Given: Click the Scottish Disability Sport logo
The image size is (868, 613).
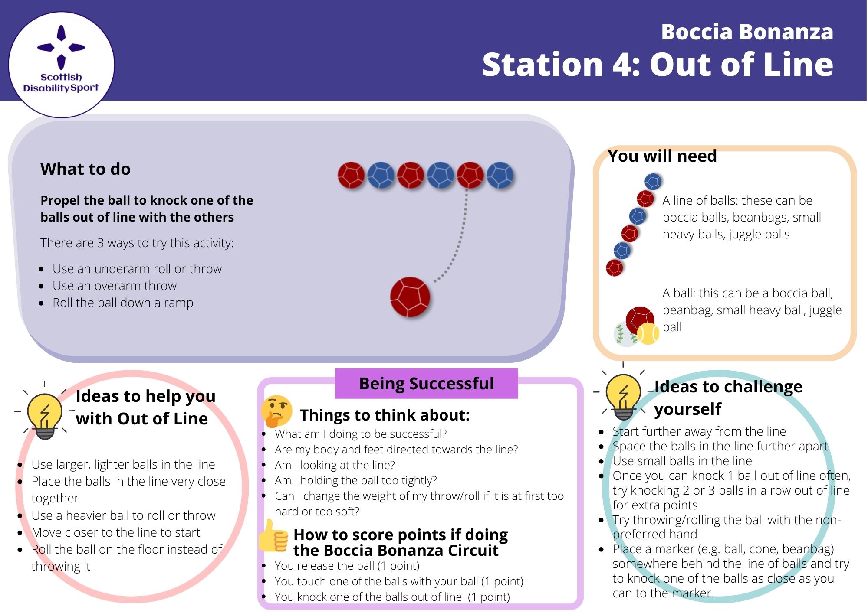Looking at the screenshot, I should [61, 64].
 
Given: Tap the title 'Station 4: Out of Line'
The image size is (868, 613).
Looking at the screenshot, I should [657, 65].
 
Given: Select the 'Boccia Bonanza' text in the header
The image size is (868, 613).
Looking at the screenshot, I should [746, 32].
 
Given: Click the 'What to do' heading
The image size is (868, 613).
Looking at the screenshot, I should [85, 169].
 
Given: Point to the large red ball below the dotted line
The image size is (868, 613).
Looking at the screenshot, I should [410, 297].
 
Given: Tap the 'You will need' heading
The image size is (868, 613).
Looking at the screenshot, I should [662, 156].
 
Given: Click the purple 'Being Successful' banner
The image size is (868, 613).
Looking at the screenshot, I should [426, 384].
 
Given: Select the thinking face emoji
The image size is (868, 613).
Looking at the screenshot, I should [276, 411].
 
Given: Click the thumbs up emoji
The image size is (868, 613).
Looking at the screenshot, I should [273, 536].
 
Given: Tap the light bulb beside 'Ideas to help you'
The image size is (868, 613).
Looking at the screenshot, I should [45, 415].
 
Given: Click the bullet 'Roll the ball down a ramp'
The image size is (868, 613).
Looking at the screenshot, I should [123, 303].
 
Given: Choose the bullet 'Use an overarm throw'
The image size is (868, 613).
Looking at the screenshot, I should [115, 286].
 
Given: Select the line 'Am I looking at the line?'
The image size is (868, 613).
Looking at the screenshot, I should [335, 465].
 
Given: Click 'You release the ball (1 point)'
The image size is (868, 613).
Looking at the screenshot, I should [347, 566].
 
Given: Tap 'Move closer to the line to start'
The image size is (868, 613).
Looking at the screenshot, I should [115, 532].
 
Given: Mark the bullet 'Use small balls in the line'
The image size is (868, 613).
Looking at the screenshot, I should [682, 461].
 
